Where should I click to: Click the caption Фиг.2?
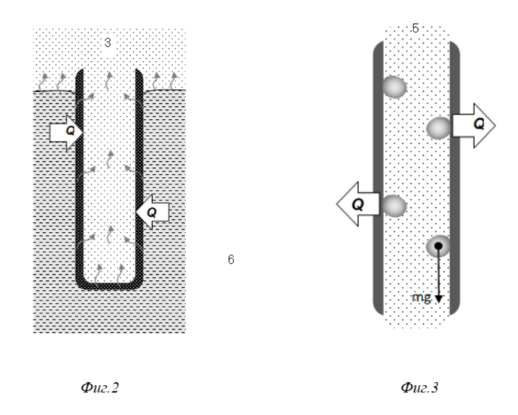[x=100, y=387]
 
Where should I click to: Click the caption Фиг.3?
[x=419, y=387]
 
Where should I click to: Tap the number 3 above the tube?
[x=108, y=43]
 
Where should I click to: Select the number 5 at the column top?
[x=416, y=29]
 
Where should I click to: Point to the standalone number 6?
[x=231, y=259]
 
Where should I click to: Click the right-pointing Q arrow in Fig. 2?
[x=66, y=132]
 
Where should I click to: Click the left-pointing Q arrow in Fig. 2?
[x=152, y=212]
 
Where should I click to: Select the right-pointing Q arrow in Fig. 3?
[x=474, y=125]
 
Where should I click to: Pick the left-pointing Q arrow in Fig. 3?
[x=358, y=204]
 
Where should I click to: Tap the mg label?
[x=422, y=298]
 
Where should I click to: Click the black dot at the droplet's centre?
[x=438, y=246]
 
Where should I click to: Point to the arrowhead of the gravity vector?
[x=439, y=299]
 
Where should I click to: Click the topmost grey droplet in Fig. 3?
[x=395, y=87]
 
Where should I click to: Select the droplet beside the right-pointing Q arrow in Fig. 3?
[x=439, y=128]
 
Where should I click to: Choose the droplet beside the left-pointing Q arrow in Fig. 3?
[x=395, y=206]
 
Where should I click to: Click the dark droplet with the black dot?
[x=438, y=246]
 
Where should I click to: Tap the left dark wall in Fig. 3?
[x=379, y=179]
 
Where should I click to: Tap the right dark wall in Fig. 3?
[x=455, y=179]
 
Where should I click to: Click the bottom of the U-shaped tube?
[x=109, y=285]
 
